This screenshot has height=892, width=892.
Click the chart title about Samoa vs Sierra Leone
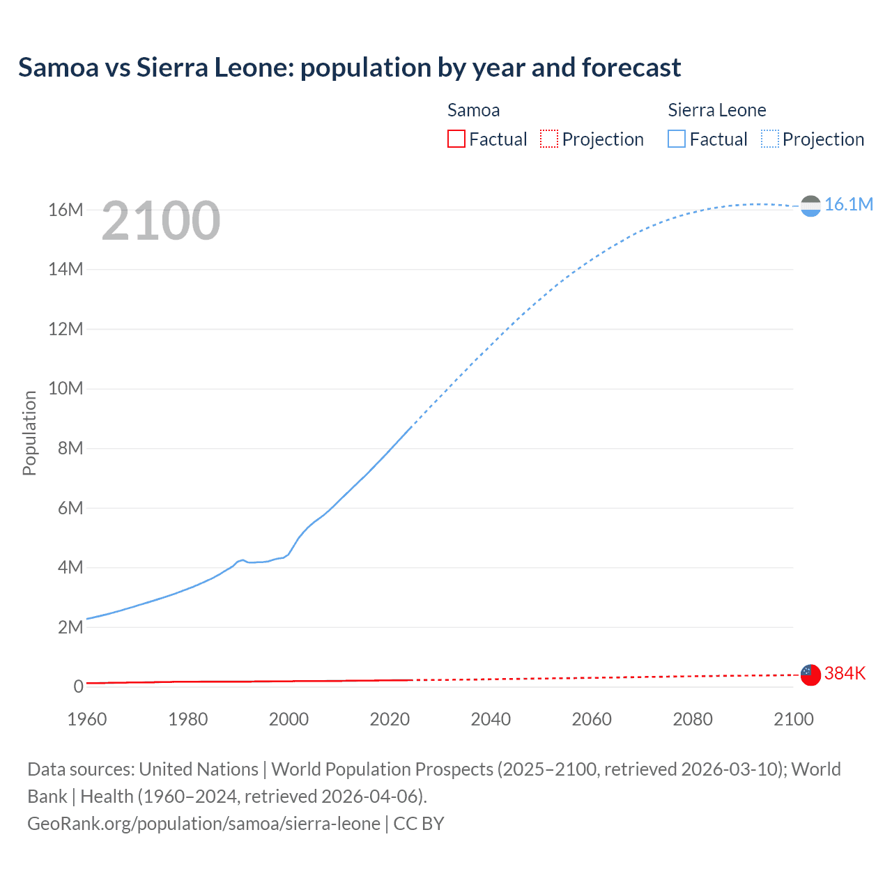coord(349,68)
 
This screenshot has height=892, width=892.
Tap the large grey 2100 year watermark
coord(161,221)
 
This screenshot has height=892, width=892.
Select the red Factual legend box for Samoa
coord(456,139)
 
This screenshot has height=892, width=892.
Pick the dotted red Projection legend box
coord(549,139)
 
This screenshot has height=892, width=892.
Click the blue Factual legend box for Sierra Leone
coord(677,139)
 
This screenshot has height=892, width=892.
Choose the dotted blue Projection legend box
coord(769,139)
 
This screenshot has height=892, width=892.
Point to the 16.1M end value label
coord(848,204)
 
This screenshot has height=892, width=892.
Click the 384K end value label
coord(845,673)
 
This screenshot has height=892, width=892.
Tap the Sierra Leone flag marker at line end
coord(810,206)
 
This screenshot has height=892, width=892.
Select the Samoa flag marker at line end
coord(810,675)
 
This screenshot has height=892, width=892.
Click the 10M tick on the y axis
coord(66,388)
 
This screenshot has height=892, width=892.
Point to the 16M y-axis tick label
coord(66,210)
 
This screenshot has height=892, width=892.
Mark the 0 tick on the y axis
coord(78,686)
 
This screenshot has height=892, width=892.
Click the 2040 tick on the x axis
coord(491,719)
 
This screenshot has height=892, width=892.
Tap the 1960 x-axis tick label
coord(87,719)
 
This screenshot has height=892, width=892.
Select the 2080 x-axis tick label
coord(693,719)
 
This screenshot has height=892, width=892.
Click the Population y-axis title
coord(29,433)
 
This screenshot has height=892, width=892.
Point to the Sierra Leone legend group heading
coord(716,110)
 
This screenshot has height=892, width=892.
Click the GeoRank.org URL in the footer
coord(203,824)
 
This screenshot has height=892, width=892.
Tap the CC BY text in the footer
coord(419,824)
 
